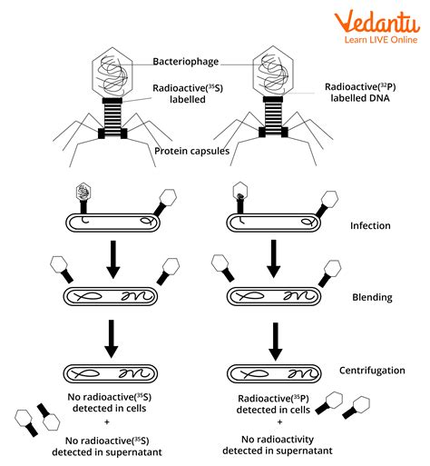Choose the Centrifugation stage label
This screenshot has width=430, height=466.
pyautogui.click(x=375, y=372)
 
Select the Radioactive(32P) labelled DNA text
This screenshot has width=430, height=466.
pyautogui.click(x=363, y=93)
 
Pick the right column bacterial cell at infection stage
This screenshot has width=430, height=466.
pyautogui.click(x=271, y=221)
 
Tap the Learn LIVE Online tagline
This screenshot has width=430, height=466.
pyautogui.click(x=380, y=39)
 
